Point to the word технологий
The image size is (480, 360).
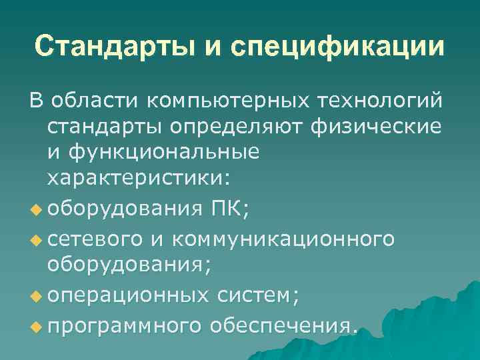click(378, 101)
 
